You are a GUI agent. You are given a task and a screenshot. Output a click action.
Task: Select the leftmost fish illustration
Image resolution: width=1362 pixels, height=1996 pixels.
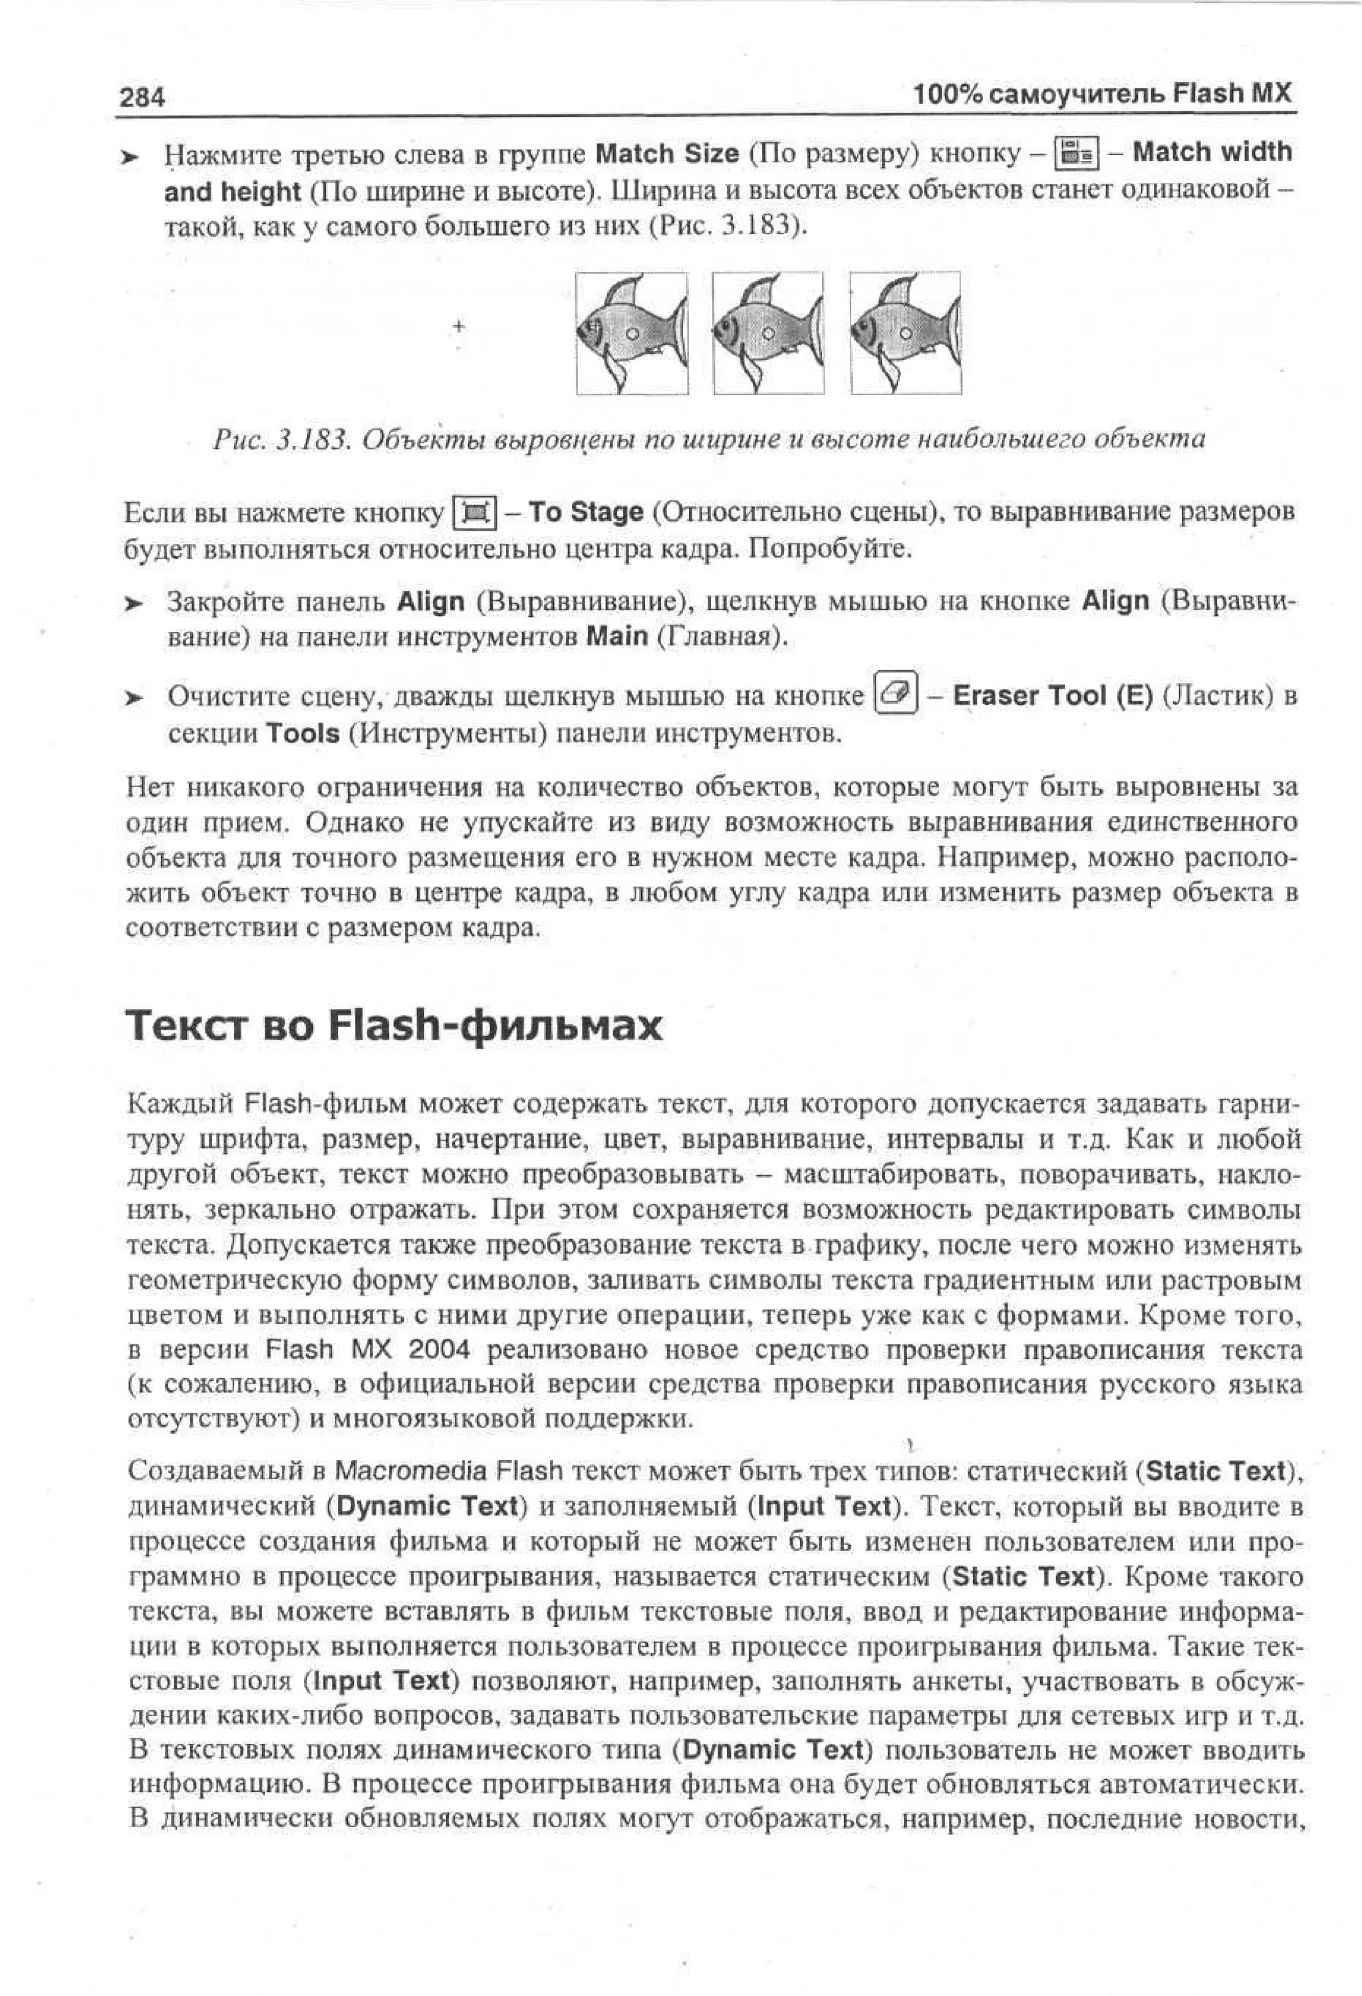coord(631,333)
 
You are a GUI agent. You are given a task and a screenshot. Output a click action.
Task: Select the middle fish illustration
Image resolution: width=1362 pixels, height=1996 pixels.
coord(767,333)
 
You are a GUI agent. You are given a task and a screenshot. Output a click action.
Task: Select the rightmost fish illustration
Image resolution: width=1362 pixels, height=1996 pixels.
coord(905,333)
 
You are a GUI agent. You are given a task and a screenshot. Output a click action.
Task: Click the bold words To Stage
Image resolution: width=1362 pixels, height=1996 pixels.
coord(586,512)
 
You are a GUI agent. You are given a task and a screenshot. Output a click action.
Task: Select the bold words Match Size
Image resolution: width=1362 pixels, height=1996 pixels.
coord(666,154)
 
